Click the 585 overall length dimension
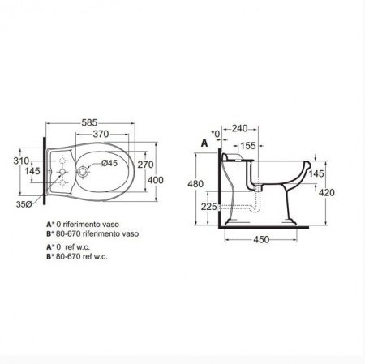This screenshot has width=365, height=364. [x=89, y=122]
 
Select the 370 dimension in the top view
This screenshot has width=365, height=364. [x=101, y=134]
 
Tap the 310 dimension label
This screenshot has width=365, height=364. [x=21, y=161]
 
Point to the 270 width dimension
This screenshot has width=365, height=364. [x=145, y=165]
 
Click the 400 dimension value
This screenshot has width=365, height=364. [x=156, y=180]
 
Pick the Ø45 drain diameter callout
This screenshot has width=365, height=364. [x=109, y=163]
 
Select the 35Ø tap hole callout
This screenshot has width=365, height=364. [x=24, y=204]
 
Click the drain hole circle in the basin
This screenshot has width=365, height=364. [x=82, y=171]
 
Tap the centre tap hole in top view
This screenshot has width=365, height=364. [x=62, y=172]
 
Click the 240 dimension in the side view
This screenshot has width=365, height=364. [x=239, y=128]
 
